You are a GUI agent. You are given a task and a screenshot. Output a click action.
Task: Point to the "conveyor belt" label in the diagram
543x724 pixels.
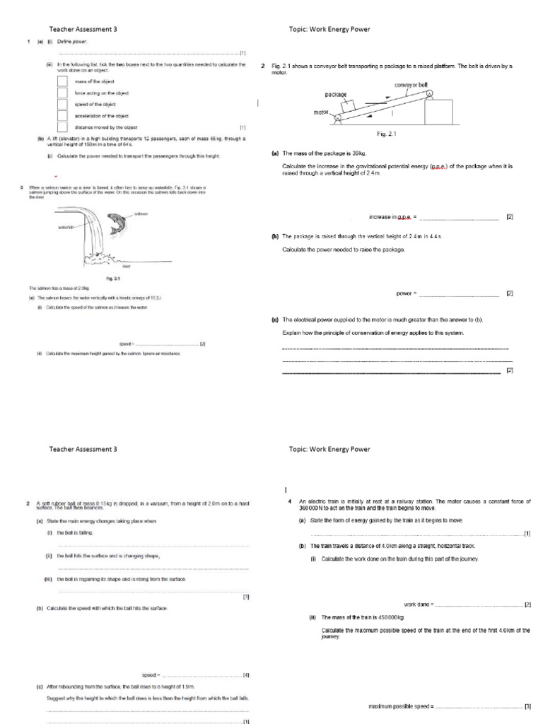coord(411,85)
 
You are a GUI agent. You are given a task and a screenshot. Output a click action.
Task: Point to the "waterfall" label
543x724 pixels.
coord(66,227)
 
